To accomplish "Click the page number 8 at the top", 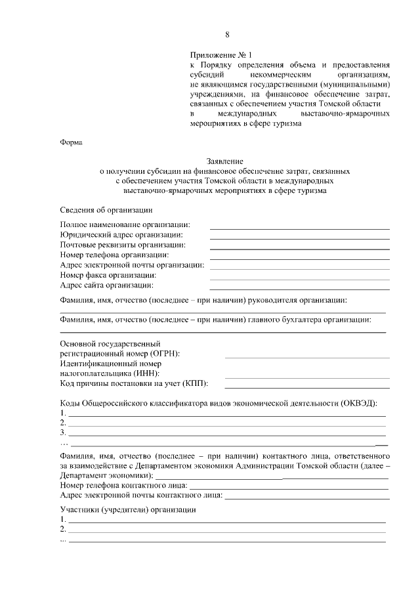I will click(x=227, y=34).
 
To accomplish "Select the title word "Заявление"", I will click(x=226, y=161).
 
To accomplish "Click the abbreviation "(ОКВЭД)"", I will click(x=358, y=402).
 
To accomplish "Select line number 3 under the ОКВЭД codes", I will click(x=226, y=435).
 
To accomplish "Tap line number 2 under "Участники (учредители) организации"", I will click(x=226, y=530).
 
